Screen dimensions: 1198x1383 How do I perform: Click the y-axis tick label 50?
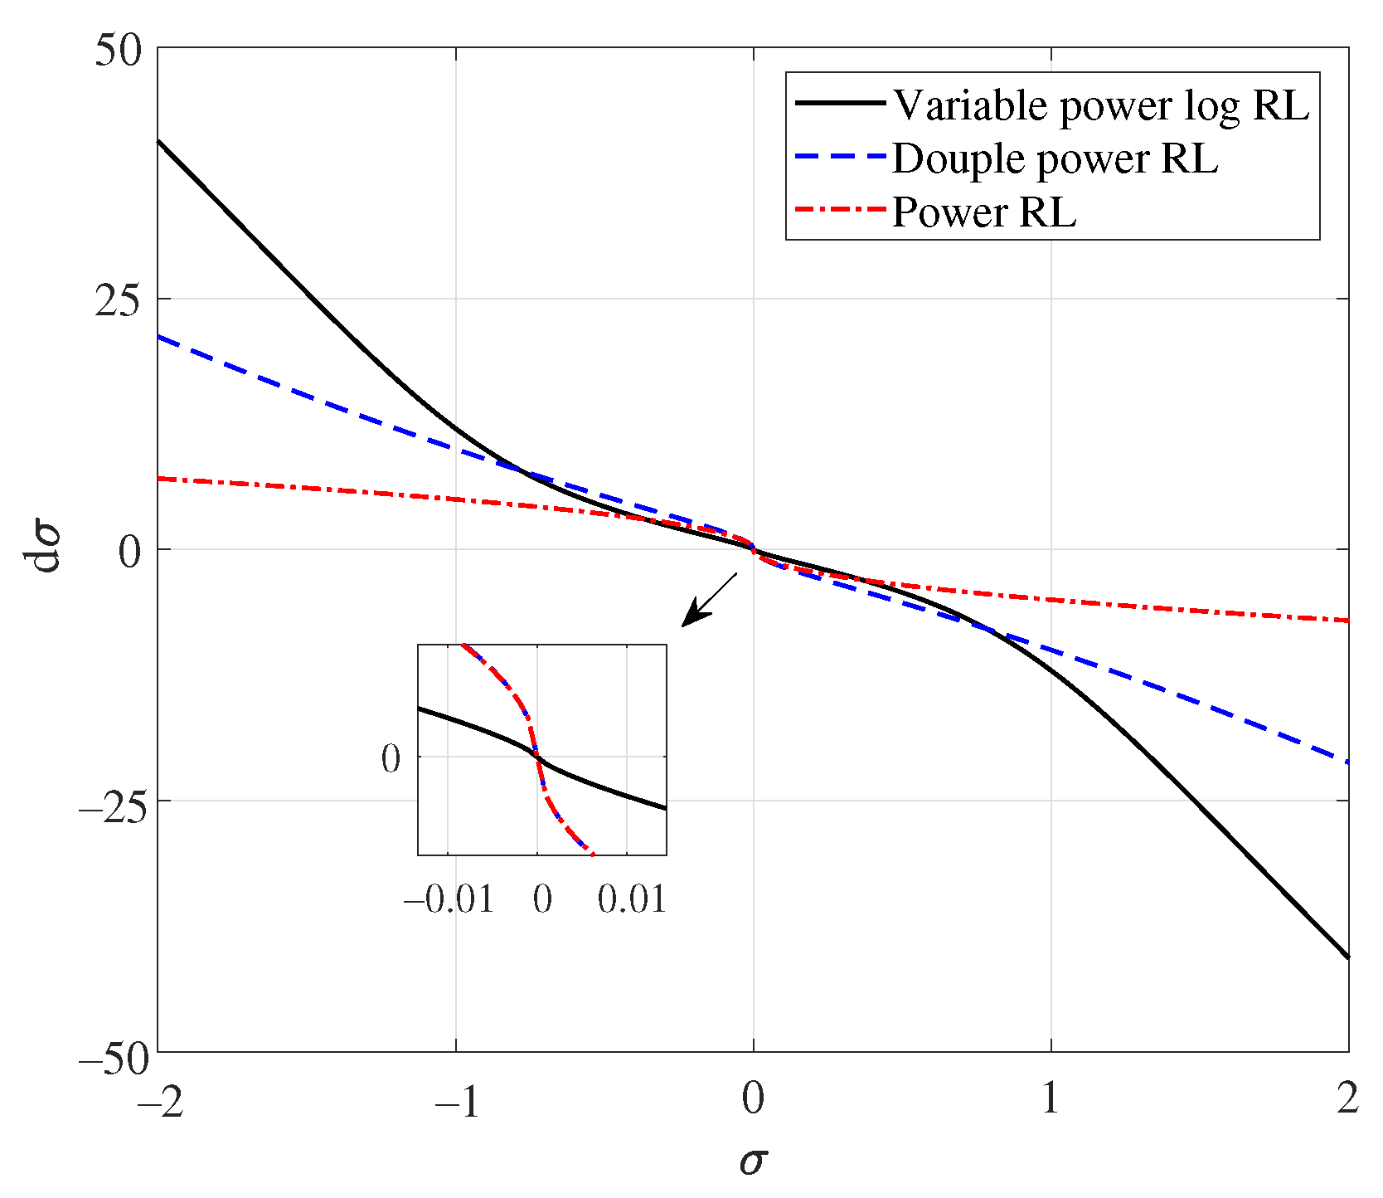(118, 51)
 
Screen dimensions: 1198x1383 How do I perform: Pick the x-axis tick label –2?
(161, 1100)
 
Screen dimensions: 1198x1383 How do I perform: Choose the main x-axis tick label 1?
(1050, 1100)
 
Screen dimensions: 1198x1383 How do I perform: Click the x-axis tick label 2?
(1347, 1100)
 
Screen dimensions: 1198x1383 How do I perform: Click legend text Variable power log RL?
(1100, 105)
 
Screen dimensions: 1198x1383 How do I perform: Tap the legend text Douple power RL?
(1055, 158)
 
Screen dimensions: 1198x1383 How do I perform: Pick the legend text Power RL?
(983, 212)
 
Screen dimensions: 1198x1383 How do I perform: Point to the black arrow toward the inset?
(709, 600)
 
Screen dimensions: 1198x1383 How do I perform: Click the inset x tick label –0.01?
(449, 899)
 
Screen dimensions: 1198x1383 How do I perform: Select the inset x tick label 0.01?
(632, 899)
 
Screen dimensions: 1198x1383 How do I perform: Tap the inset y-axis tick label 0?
(391, 759)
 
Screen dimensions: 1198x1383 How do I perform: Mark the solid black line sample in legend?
(840, 103)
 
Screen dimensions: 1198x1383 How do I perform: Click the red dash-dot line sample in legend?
(840, 210)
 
